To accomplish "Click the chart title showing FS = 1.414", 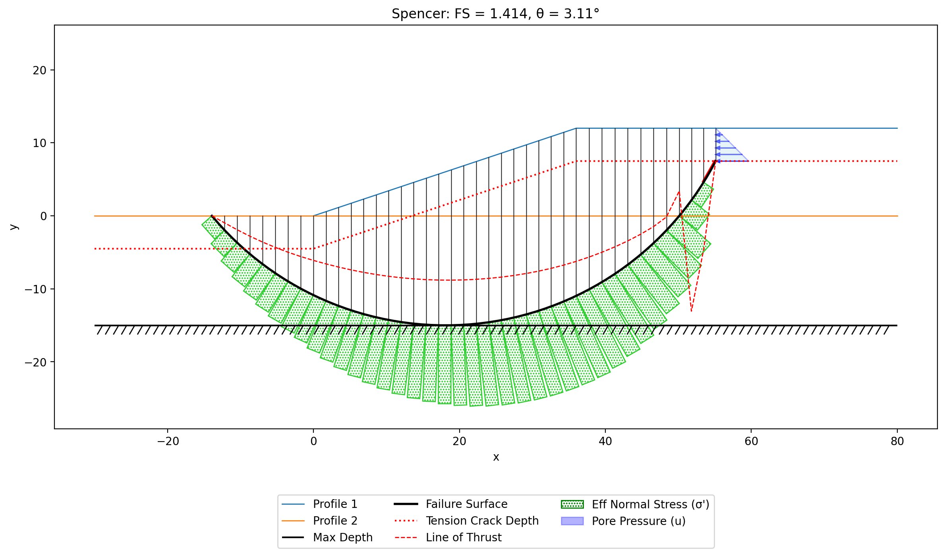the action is point(495,14).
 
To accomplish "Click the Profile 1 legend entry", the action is point(320,504).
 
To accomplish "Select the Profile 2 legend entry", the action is point(320,521).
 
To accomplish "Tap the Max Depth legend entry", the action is point(327,537).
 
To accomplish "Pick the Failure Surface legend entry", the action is point(451,504).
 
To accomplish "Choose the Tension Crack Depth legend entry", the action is point(466,521).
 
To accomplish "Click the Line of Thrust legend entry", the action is point(448,537).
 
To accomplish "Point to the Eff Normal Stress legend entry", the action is point(635,504).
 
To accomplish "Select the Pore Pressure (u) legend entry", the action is point(623,521).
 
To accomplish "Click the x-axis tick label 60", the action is point(751,441).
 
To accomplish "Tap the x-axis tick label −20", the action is point(168,441).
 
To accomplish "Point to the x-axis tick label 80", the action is point(897,441).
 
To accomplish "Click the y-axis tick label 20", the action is point(40,70).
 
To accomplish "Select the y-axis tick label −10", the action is point(36,289).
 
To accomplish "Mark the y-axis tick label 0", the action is point(44,216).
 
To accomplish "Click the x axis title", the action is point(496,457).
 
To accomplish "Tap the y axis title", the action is point(14,227).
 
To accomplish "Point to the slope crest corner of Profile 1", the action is point(576,128).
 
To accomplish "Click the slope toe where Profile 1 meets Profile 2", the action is point(313,216).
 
